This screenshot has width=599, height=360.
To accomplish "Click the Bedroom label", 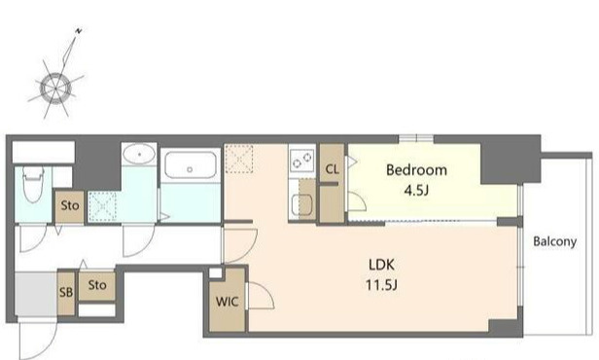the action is click(416, 170).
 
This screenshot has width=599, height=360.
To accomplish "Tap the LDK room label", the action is click(381, 265).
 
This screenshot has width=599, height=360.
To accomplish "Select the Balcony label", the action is click(554, 241).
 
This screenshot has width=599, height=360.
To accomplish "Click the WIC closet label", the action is click(227, 302).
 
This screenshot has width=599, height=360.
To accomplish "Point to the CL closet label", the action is click(332, 169).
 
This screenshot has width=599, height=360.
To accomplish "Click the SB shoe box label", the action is click(66, 292).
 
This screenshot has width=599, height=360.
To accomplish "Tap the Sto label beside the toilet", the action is click(70, 205).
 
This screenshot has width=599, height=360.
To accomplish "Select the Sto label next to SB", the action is click(97, 285).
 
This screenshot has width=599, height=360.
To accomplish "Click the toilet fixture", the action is click(33, 184).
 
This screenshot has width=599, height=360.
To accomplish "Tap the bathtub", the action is click(191, 165).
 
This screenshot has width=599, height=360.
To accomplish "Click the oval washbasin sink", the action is click(139, 154).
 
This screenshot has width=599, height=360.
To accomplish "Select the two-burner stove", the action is click(302, 160).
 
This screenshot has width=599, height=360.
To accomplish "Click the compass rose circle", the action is click(55, 89).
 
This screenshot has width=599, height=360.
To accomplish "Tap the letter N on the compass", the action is click(79, 31).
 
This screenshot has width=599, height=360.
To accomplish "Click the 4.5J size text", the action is click(416, 190).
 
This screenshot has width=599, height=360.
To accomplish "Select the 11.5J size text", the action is click(381, 285).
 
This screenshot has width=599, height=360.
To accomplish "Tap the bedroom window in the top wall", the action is click(416, 138).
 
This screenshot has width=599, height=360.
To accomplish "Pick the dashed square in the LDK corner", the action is click(239, 159).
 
